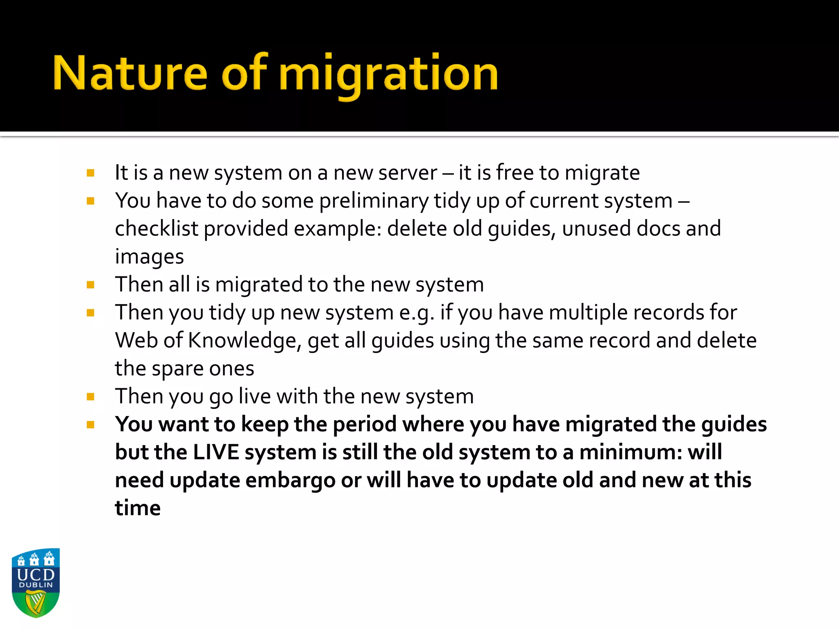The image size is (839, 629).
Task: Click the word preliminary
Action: coord(374,201)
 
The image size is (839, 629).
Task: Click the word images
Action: coord(149,257)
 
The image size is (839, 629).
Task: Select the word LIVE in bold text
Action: coord(216,453)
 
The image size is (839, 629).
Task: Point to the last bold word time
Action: coord(138,508)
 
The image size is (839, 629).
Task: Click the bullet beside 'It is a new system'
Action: coord(91,173)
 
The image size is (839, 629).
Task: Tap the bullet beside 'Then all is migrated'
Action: coord(91,285)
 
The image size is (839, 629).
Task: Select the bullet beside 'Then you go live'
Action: coord(91,396)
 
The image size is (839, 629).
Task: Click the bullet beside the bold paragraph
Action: coord(91,425)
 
